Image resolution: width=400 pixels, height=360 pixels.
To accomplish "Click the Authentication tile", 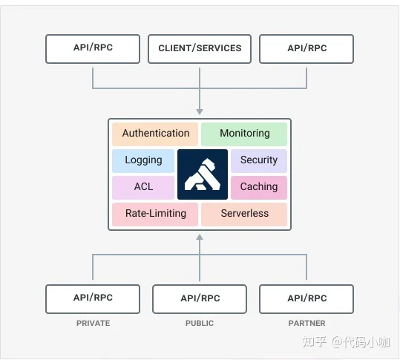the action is [155, 134].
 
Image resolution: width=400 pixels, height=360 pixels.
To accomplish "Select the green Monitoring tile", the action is [244, 134].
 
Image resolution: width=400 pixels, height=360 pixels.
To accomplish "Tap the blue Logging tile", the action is [143, 161].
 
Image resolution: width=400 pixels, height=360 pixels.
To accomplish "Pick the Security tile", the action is [259, 161].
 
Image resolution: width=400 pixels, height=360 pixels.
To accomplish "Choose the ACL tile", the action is [143, 188].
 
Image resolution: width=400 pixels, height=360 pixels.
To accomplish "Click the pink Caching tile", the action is [259, 188].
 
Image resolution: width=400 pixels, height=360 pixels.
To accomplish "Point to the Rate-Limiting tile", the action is [155, 215].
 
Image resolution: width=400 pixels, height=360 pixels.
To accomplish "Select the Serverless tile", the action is [244, 215].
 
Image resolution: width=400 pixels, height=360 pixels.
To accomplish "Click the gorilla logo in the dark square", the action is [203, 174].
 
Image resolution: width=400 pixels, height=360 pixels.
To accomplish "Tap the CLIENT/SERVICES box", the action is [200, 49].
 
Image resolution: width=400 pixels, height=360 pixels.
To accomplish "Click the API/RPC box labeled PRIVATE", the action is [93, 299].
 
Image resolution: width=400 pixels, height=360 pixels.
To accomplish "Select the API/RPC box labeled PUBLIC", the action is [200, 299].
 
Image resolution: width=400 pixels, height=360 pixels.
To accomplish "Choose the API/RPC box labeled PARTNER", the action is [306, 299].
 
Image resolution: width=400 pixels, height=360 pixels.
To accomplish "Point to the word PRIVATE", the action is [93, 323].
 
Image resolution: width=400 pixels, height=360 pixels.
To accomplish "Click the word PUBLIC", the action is [200, 323].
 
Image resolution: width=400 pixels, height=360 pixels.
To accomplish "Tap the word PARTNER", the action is [307, 323].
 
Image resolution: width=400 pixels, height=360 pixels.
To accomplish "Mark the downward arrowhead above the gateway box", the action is [200, 112].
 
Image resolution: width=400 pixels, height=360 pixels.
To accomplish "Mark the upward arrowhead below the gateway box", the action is [200, 238].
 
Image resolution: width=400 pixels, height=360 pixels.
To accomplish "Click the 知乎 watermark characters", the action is [315, 341].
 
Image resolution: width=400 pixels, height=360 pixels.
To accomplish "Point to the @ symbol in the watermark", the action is [337, 342].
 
